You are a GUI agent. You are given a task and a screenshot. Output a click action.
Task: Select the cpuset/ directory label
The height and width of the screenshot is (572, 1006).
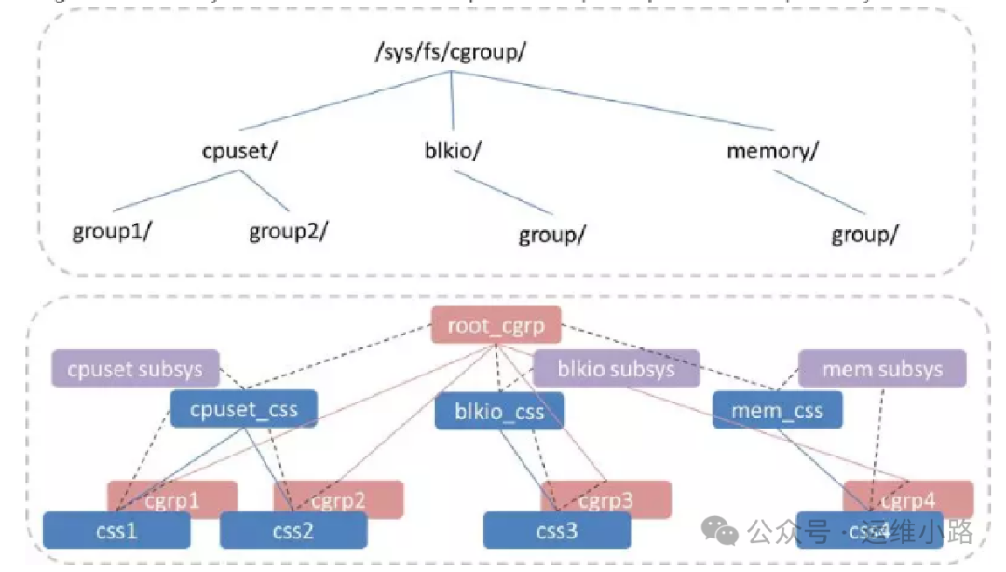coord(239,151)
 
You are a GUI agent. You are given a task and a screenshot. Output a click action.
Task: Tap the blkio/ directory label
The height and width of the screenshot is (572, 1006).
coord(450,151)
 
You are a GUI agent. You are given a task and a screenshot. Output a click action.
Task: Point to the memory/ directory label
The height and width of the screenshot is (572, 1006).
coord(772,151)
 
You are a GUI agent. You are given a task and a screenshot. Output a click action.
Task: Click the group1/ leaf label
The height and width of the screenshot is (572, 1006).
coord(112,231)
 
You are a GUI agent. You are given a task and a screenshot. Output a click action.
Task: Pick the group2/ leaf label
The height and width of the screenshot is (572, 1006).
coord(289,231)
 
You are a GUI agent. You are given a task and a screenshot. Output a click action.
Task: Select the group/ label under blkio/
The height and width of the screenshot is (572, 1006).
coord(551,235)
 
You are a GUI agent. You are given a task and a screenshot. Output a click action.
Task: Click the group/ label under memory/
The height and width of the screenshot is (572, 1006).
coord(864,235)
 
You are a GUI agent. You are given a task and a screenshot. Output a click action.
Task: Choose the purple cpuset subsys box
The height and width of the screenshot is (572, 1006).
coord(135,368)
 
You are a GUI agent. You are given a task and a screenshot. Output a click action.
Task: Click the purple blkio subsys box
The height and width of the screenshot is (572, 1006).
coord(616,369)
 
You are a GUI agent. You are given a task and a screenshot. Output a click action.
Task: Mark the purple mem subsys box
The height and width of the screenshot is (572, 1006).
coord(882,369)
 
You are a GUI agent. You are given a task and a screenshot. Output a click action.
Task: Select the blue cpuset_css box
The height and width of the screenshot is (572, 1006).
coord(244,408)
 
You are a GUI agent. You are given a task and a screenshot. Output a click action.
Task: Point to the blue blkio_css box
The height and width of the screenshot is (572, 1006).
coord(499,411)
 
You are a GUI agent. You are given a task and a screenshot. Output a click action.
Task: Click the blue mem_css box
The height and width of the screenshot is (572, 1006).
coord(778,410)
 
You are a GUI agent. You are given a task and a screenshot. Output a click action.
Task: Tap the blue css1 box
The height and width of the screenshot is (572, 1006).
coord(116,530)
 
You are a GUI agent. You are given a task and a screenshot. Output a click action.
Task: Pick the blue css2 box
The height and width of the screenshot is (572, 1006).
coord(292,530)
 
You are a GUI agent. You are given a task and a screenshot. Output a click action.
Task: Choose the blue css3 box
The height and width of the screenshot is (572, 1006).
coord(556,530)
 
